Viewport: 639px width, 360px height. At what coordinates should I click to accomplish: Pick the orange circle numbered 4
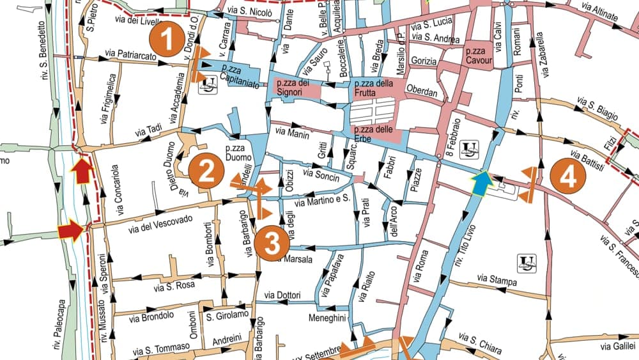point(567,176)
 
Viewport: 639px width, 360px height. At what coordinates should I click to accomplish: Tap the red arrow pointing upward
point(82,171)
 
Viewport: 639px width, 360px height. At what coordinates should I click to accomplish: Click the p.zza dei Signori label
point(292,88)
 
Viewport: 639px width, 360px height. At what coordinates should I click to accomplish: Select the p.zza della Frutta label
point(374,88)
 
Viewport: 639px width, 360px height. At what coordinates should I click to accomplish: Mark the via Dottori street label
point(282,295)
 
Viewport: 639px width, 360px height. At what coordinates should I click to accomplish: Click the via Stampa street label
point(497,279)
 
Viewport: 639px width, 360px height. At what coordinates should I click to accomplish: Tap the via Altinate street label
point(600,12)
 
